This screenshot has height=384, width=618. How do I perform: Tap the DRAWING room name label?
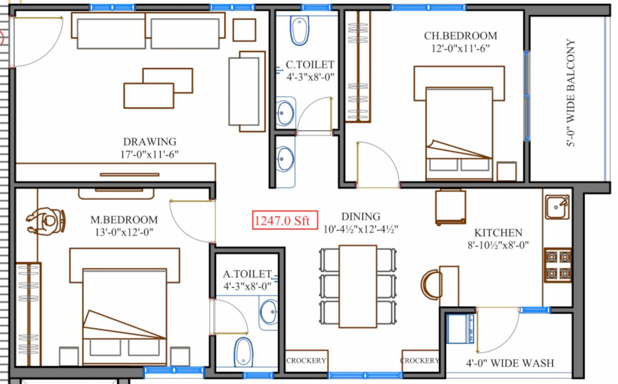149,141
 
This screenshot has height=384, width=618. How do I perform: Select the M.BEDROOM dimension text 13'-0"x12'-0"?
124,232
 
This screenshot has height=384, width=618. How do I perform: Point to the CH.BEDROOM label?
460,36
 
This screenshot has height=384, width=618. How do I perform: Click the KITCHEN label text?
498,233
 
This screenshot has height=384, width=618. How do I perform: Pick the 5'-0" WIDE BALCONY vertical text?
570,93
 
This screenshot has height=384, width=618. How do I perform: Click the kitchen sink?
557,207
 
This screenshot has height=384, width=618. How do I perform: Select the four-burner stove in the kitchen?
557,265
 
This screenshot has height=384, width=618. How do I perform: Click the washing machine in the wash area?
460,328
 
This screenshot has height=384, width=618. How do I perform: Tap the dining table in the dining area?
357,286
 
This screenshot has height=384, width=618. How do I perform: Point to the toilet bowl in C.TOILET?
299,31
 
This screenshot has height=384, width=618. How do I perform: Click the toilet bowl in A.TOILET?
243,352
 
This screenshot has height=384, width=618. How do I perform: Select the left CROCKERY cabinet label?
306,360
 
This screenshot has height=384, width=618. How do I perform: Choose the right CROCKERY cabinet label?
420,360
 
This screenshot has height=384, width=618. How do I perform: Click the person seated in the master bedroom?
46,220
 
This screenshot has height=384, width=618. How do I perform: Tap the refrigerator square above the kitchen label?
450,206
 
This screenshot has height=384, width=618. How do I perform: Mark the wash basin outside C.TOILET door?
285,159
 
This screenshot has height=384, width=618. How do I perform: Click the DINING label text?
360,216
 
